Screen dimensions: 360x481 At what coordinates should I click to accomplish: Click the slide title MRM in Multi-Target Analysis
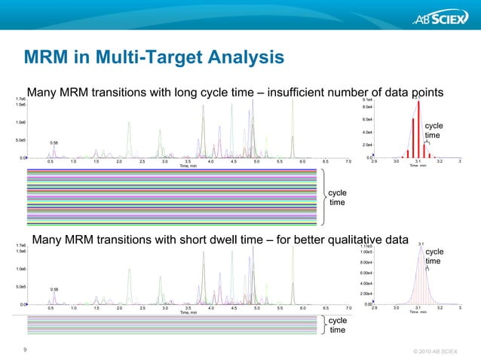(x=154, y=57)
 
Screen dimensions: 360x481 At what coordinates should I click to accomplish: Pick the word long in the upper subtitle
(x=181, y=92)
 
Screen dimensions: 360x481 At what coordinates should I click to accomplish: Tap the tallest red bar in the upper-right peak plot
(x=417, y=127)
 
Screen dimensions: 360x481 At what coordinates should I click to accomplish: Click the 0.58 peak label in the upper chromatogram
(x=54, y=142)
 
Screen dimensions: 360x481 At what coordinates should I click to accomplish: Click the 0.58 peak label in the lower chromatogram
(x=54, y=288)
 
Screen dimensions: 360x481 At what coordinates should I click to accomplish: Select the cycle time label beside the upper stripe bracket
(x=338, y=198)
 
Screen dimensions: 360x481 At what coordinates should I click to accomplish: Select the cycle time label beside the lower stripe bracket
(x=338, y=325)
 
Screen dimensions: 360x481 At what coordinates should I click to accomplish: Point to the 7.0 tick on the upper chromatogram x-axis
(x=348, y=161)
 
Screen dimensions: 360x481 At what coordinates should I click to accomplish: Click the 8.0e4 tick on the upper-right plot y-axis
(x=369, y=107)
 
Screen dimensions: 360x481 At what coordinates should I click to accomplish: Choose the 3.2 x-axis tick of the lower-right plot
(x=440, y=307)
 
